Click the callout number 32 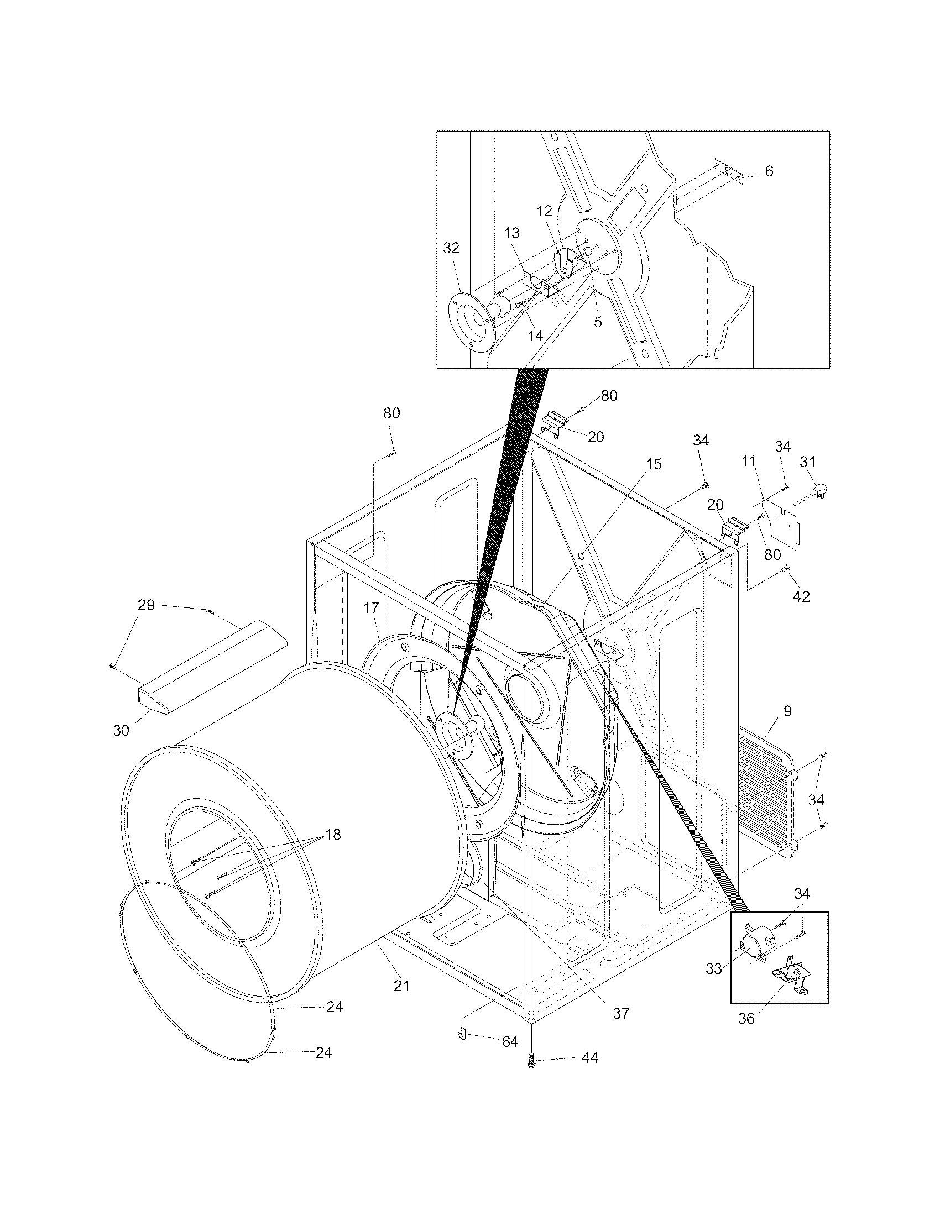click(x=451, y=248)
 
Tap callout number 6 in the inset click(x=769, y=171)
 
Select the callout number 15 click(x=654, y=464)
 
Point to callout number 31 click(x=807, y=462)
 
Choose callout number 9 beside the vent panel click(x=787, y=711)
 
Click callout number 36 click(x=746, y=1018)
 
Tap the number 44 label click(x=589, y=1057)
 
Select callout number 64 click(x=510, y=1041)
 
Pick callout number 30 click(x=121, y=730)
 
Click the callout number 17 click(x=372, y=608)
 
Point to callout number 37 click(x=620, y=1013)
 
